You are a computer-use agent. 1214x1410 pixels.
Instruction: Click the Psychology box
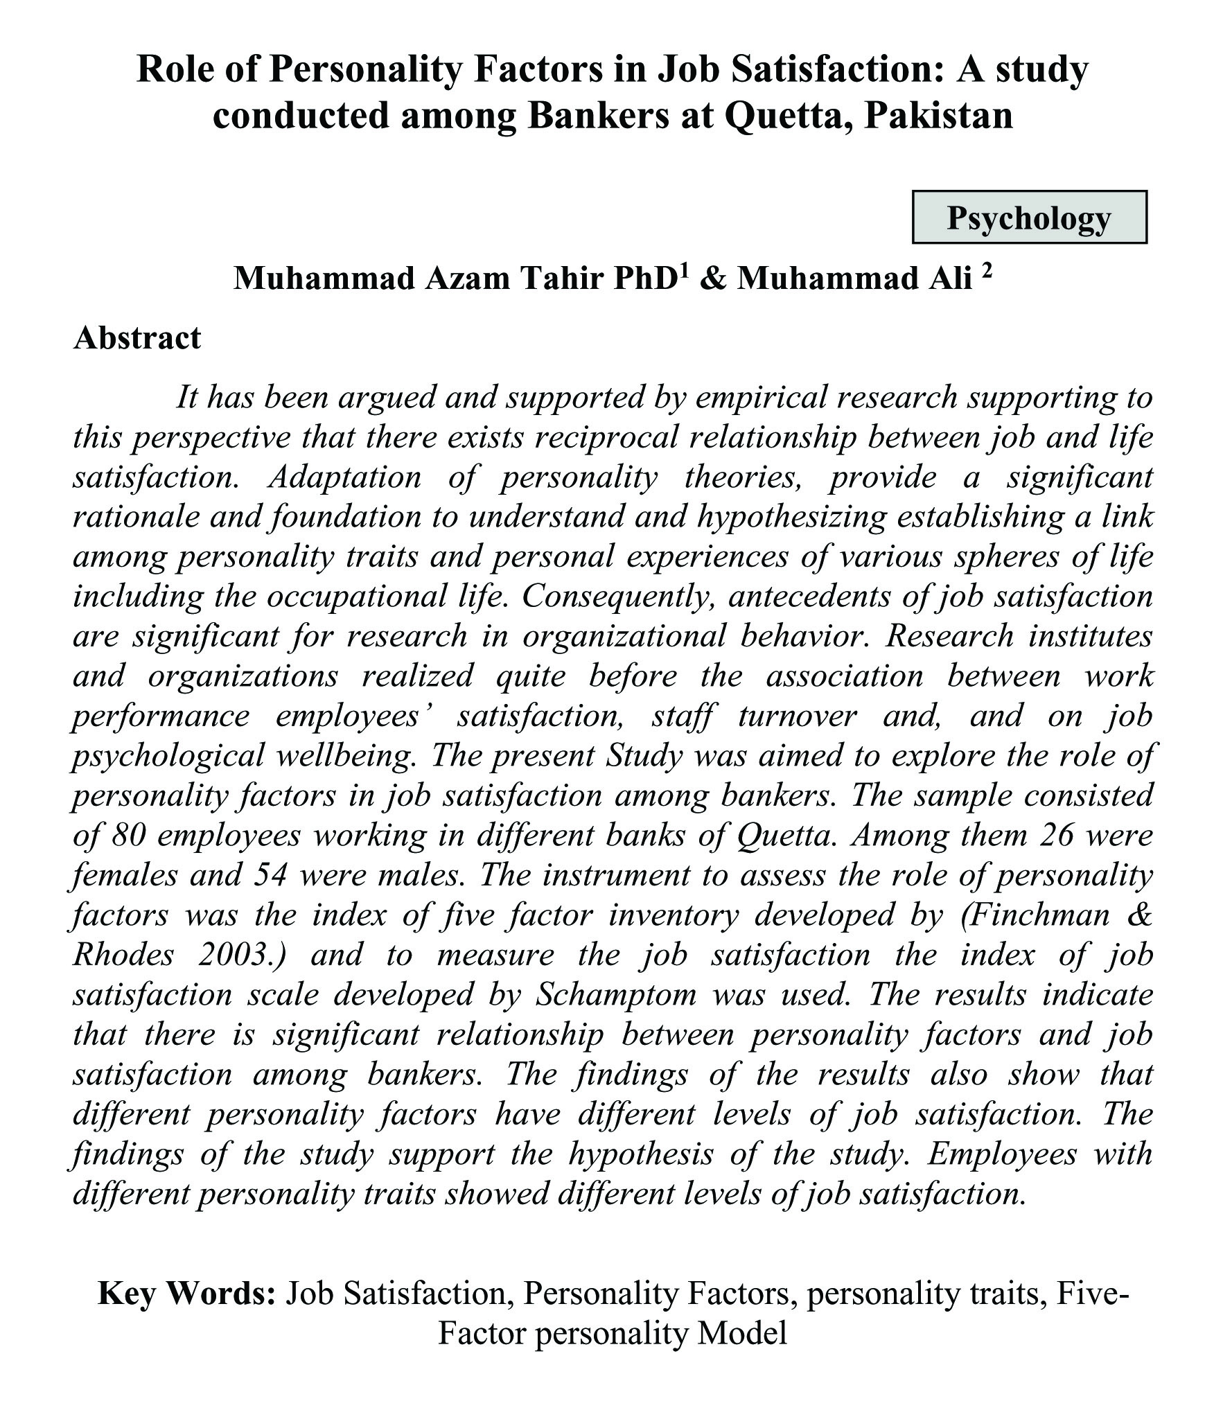[1029, 218]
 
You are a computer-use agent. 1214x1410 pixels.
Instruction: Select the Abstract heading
[137, 338]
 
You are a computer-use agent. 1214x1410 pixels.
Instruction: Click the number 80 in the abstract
[127, 836]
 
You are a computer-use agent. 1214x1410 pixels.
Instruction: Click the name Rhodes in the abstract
[123, 955]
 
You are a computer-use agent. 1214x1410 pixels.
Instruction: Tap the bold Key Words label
[187, 1294]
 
